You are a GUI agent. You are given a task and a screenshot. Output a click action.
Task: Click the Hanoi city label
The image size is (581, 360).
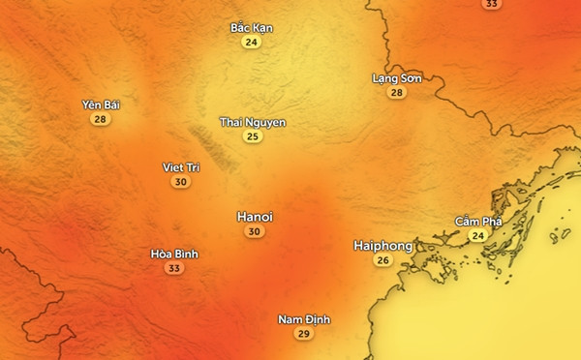pyautogui.click(x=255, y=217)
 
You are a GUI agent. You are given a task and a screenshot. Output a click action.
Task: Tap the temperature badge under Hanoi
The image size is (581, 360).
pyautogui.click(x=254, y=232)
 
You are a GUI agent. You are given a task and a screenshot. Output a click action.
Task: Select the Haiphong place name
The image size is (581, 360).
pyautogui.click(x=382, y=246)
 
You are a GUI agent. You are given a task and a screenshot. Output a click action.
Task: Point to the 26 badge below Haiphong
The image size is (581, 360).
pyautogui.click(x=382, y=261)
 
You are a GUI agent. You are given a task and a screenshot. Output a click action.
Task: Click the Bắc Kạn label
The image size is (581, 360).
pyautogui.click(x=252, y=27)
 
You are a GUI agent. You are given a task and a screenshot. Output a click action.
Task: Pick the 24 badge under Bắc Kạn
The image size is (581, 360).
pyautogui.click(x=252, y=43)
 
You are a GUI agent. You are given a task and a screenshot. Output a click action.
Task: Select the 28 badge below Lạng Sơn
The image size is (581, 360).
pyautogui.click(x=395, y=93)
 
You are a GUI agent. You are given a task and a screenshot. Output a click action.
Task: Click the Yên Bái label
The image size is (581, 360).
pyautogui.click(x=101, y=104)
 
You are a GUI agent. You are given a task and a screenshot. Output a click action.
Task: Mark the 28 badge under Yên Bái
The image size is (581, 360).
pyautogui.click(x=101, y=119)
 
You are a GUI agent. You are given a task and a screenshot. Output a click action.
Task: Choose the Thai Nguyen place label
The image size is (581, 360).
pyautogui.click(x=252, y=122)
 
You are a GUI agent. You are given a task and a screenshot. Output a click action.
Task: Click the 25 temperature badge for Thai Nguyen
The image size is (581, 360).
pyautogui.click(x=252, y=137)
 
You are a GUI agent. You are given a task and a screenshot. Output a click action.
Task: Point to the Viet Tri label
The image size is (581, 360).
pyautogui.click(x=180, y=166)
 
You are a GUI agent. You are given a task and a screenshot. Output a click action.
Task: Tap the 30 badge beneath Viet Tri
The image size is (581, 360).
pyautogui.click(x=180, y=182)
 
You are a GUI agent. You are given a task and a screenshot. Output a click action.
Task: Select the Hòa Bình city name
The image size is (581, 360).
pyautogui.click(x=174, y=254)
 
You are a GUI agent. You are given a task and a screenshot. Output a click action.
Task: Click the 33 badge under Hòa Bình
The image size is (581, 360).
pyautogui.click(x=174, y=269)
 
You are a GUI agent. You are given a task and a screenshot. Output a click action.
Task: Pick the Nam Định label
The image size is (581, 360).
pyautogui.click(x=303, y=318)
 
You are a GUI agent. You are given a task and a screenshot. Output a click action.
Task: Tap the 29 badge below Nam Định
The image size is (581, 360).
pyautogui.click(x=303, y=334)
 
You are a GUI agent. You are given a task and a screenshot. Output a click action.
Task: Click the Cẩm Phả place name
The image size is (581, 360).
pyautogui.click(x=478, y=222)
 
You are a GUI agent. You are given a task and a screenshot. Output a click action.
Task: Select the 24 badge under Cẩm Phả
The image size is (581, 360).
pyautogui.click(x=477, y=236)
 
